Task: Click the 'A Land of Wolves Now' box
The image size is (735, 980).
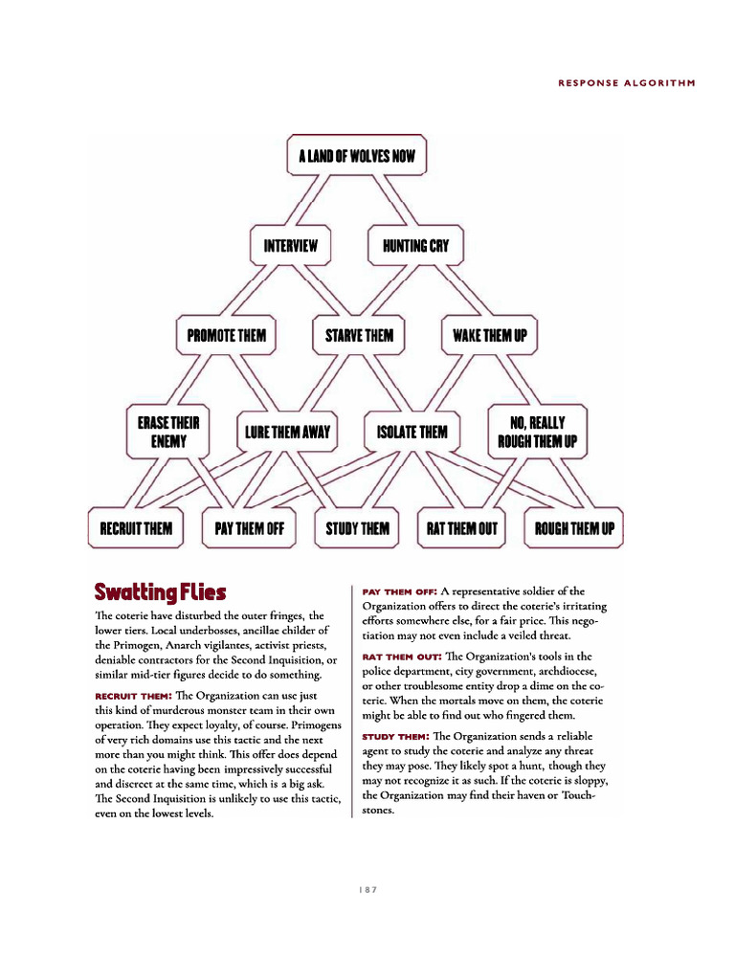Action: click(356, 156)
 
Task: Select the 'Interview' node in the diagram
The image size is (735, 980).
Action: click(290, 246)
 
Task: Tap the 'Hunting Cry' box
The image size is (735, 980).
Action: click(415, 246)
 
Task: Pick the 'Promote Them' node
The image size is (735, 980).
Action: click(227, 336)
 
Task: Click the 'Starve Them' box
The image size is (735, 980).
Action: click(359, 336)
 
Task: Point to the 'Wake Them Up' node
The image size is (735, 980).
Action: click(490, 336)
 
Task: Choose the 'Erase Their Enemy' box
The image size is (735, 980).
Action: click(168, 432)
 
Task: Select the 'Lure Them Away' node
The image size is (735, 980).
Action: click(287, 433)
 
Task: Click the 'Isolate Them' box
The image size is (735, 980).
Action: click(412, 433)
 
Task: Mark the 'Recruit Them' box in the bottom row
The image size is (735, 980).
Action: click(136, 527)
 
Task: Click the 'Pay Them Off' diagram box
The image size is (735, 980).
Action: click(250, 527)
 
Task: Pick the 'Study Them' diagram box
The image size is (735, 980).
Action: click(358, 527)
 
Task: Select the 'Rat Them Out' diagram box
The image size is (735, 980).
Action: click(463, 527)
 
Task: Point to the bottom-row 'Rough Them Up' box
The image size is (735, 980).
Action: click(574, 527)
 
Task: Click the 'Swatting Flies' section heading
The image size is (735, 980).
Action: click(160, 591)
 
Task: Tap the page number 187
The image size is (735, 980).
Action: click(368, 889)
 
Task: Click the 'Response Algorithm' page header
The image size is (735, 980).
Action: click(626, 82)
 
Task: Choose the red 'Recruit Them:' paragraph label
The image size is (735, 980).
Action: click(133, 695)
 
